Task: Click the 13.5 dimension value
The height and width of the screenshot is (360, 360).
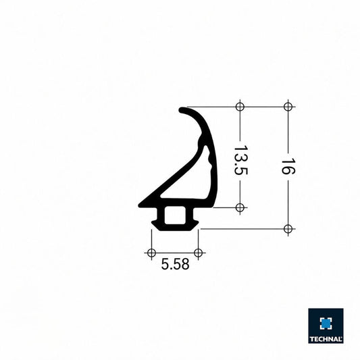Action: coord(240,160)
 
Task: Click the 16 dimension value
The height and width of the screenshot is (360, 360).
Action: coord(288,166)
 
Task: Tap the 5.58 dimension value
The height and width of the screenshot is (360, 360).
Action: coord(175,264)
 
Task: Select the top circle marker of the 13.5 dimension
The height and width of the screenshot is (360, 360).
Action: coord(240,107)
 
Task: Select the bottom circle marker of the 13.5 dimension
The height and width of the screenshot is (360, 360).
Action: coord(240,208)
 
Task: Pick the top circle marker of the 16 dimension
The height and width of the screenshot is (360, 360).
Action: coord(288,107)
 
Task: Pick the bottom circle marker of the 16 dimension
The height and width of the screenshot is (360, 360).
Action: coord(288,229)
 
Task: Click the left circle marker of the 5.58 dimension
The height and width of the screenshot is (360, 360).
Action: coord(151,253)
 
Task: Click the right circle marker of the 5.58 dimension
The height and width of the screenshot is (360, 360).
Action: coord(199,253)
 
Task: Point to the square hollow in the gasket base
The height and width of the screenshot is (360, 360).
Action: coord(175,215)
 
